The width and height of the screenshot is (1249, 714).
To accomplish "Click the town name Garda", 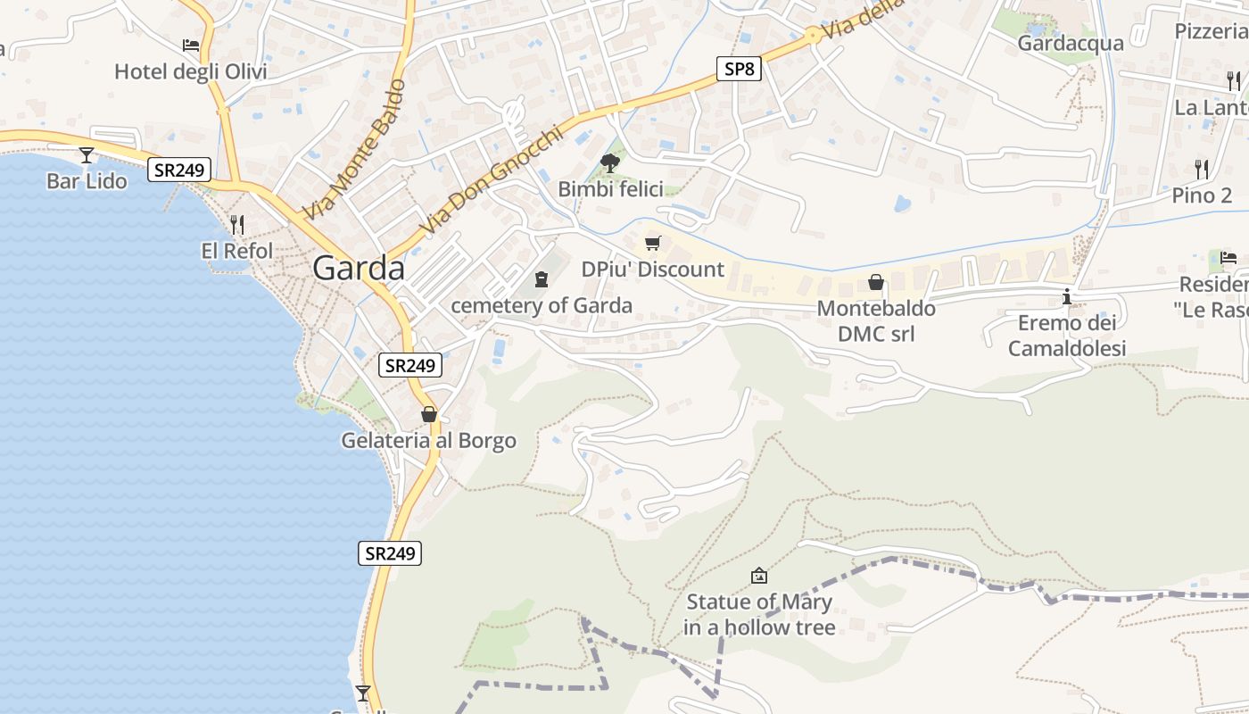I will [x=359, y=269].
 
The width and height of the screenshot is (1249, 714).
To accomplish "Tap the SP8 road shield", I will [x=739, y=69].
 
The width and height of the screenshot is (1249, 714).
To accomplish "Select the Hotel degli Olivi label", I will [x=190, y=71].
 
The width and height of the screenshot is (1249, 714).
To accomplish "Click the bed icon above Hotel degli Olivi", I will [x=190, y=45].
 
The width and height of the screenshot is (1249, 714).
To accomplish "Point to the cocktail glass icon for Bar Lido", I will [x=87, y=155].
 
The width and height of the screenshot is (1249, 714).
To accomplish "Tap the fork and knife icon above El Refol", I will [x=236, y=224].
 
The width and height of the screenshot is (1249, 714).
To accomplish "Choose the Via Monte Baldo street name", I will [x=354, y=150].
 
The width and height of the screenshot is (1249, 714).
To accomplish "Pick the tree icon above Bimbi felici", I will [x=610, y=162].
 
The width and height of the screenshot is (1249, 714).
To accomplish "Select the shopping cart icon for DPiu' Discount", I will [x=653, y=243].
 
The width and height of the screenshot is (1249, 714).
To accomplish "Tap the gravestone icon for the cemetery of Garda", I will [x=541, y=279].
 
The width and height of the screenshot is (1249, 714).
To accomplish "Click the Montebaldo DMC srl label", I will [x=877, y=321].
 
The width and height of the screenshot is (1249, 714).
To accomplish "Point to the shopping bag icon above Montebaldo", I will [x=876, y=283].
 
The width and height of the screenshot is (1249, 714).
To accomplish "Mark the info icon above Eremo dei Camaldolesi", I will [x=1066, y=296].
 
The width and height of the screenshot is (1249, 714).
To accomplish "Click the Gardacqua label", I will [x=1071, y=43].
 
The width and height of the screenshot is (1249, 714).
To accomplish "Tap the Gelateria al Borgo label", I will [x=428, y=441].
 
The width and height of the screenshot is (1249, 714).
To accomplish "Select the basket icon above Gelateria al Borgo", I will [x=429, y=414].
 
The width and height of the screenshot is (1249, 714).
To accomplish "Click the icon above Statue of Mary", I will [x=759, y=576].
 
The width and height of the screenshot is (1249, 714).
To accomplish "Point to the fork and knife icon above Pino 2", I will [x=1202, y=169].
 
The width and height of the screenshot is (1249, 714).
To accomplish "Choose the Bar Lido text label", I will [x=87, y=181].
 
